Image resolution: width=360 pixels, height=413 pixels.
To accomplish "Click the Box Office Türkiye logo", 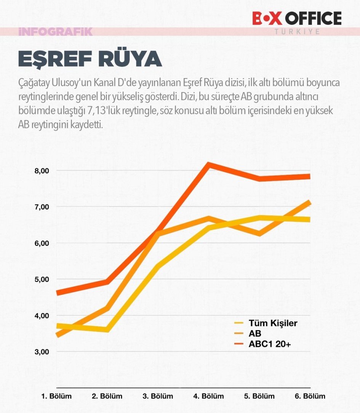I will (x=297, y=21).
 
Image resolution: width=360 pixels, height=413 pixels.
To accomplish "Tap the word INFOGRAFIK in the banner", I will (x=55, y=32).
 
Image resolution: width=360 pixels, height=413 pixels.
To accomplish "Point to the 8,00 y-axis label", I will (x=42, y=171).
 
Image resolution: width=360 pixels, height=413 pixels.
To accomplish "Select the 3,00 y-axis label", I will (x=42, y=352).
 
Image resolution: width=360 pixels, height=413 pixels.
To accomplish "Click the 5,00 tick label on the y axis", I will (x=42, y=279).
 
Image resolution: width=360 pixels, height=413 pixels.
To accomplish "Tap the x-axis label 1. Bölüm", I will (x=56, y=396).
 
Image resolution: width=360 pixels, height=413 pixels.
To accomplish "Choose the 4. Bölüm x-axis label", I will (x=208, y=396).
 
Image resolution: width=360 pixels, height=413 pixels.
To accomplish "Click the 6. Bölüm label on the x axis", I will (x=310, y=396).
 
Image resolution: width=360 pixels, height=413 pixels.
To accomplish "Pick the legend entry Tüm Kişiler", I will (x=272, y=323).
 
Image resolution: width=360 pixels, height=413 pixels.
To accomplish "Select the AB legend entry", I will (x=255, y=334).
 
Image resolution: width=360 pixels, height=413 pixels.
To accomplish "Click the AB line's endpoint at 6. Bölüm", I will (x=309, y=203).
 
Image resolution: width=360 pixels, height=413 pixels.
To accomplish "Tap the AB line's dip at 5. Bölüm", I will (x=259, y=234).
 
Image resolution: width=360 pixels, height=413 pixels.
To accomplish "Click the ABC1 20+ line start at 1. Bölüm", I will (x=58, y=293).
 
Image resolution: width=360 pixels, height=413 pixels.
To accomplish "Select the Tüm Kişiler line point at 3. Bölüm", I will (x=158, y=265).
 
